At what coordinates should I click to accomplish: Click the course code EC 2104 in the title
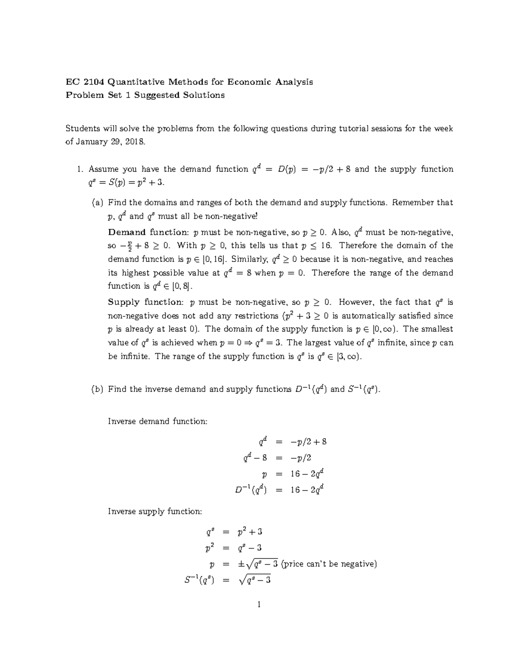(84, 82)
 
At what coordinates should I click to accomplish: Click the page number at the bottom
(259, 604)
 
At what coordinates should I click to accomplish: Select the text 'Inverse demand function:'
(158, 422)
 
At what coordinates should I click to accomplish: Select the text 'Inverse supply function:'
(155, 512)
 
